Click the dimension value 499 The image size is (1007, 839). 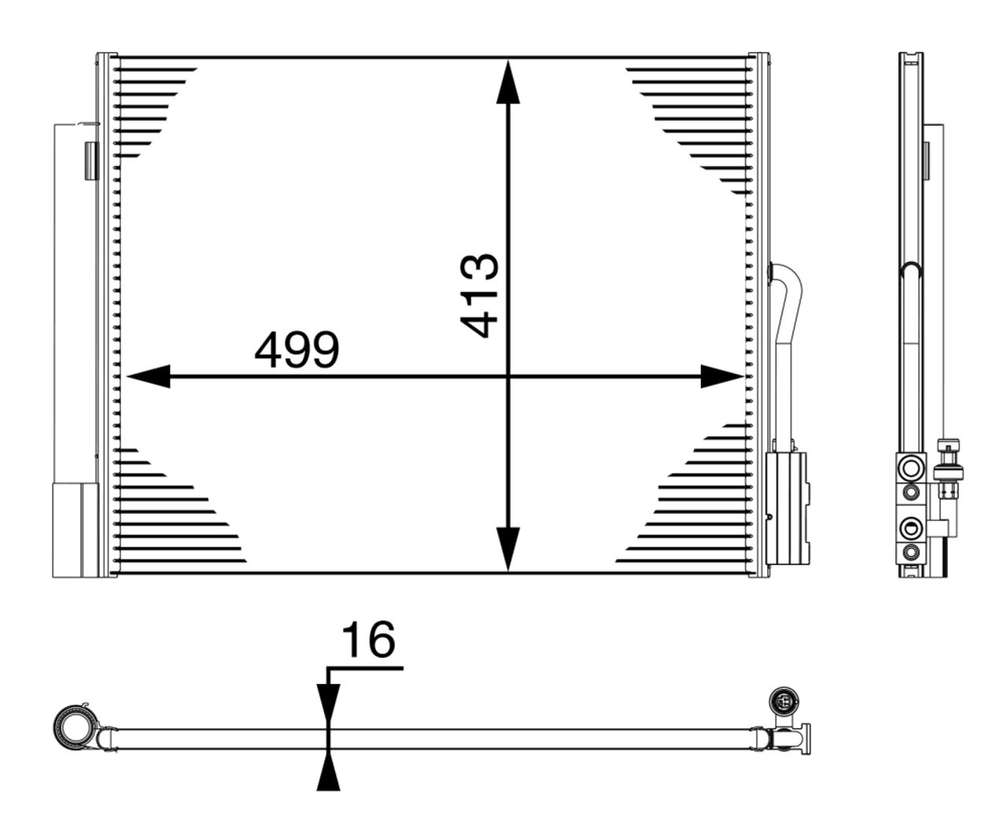[297, 350]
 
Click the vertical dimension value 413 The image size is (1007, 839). [479, 295]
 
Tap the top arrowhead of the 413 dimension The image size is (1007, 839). [509, 83]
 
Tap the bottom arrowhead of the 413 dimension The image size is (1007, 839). [509, 547]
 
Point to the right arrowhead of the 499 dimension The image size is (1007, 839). [720, 377]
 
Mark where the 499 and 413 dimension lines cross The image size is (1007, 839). [509, 377]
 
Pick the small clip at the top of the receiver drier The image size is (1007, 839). [91, 160]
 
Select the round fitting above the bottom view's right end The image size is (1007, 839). [784, 700]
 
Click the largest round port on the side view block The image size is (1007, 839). [911, 468]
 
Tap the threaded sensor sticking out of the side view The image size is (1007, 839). [950, 472]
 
